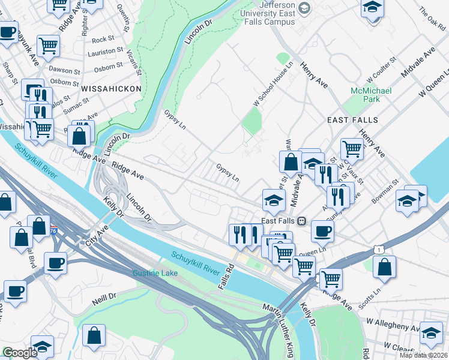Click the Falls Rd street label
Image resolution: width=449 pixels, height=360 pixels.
[224, 275]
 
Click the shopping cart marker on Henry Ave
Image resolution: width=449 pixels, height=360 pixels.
[352, 148]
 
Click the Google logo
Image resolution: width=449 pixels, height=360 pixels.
[19, 353]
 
